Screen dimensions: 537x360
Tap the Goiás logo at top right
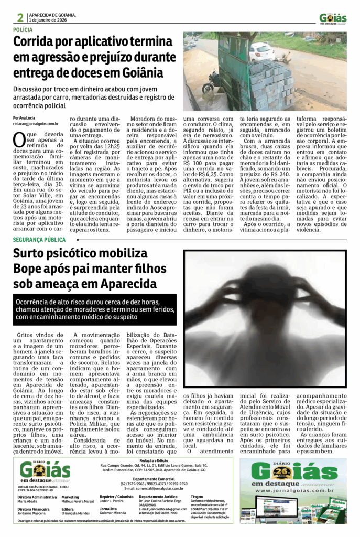(333, 18)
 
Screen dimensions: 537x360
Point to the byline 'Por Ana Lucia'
(25, 117)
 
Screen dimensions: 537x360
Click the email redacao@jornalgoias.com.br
(36, 124)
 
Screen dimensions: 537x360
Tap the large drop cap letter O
(19, 139)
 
